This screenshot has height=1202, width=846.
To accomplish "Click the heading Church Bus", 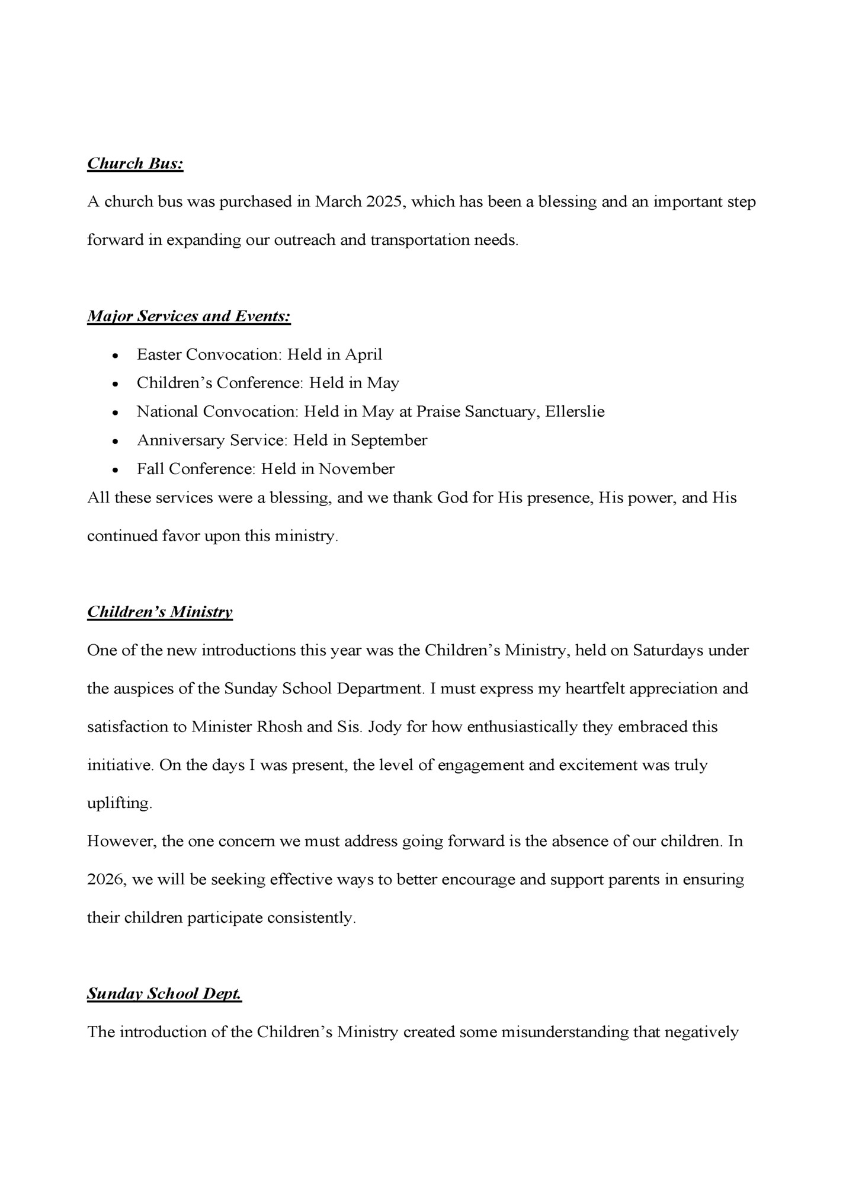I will point(135,164).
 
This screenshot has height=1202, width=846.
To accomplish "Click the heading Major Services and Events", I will point(189,317).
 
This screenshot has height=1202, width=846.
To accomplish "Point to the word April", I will point(364,354).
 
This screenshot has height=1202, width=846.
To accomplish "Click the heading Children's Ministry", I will point(160,612).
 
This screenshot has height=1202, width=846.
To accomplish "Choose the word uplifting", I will point(119,804).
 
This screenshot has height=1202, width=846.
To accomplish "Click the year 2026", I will point(106,880).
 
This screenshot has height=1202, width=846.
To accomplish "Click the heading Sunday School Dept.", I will point(165,994).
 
